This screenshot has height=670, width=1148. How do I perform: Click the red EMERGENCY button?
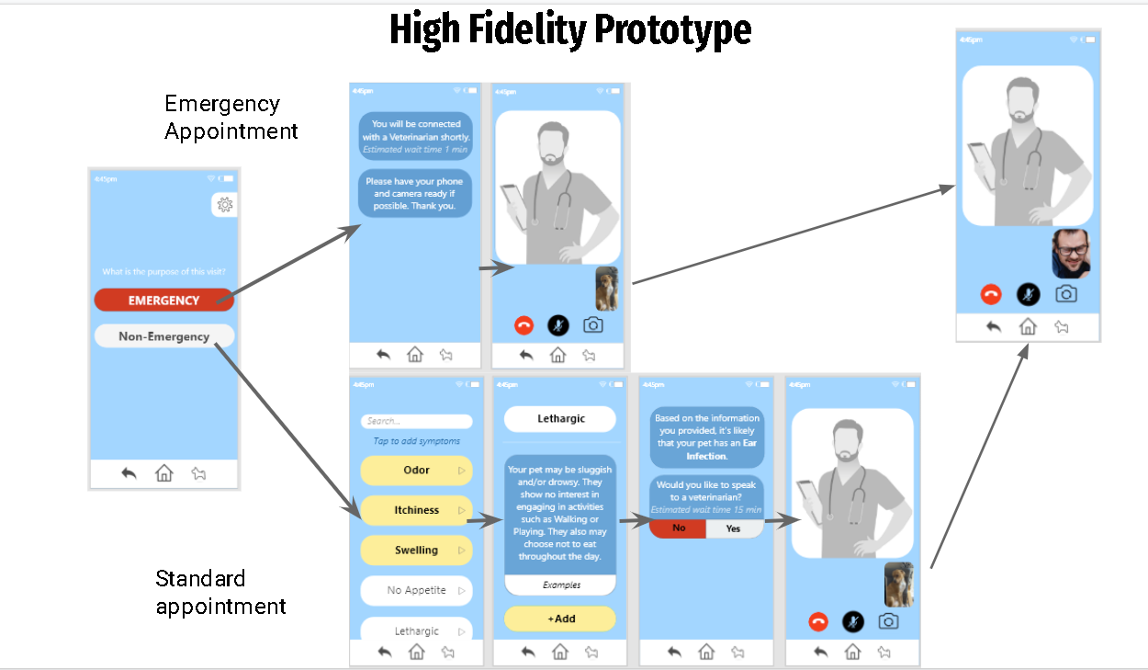tap(163, 301)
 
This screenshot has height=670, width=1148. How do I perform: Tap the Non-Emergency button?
tap(163, 336)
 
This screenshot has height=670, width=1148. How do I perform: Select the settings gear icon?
tap(224, 205)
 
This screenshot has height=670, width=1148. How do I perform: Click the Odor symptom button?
tap(416, 471)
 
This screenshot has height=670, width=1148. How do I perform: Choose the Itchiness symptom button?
tap(416, 510)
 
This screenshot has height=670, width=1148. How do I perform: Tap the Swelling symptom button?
tap(416, 551)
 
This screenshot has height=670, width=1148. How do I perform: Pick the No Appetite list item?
tap(416, 590)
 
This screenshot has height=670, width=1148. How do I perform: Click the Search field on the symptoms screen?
tap(416, 421)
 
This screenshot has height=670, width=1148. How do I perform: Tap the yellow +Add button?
tap(560, 619)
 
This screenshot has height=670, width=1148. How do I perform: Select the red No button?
tap(679, 528)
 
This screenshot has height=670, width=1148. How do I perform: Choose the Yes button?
tap(734, 528)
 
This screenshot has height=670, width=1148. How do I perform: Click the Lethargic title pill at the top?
tap(560, 419)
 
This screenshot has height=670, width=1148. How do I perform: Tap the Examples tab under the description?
tap(560, 585)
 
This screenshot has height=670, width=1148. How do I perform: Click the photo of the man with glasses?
tap(1071, 254)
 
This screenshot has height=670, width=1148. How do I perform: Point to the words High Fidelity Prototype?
tap(570, 29)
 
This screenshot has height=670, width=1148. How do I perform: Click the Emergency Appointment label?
tap(231, 118)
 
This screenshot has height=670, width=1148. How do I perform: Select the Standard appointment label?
tap(220, 592)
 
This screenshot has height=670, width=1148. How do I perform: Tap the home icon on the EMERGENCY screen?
tap(163, 473)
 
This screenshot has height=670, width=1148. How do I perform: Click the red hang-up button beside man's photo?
tap(991, 294)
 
